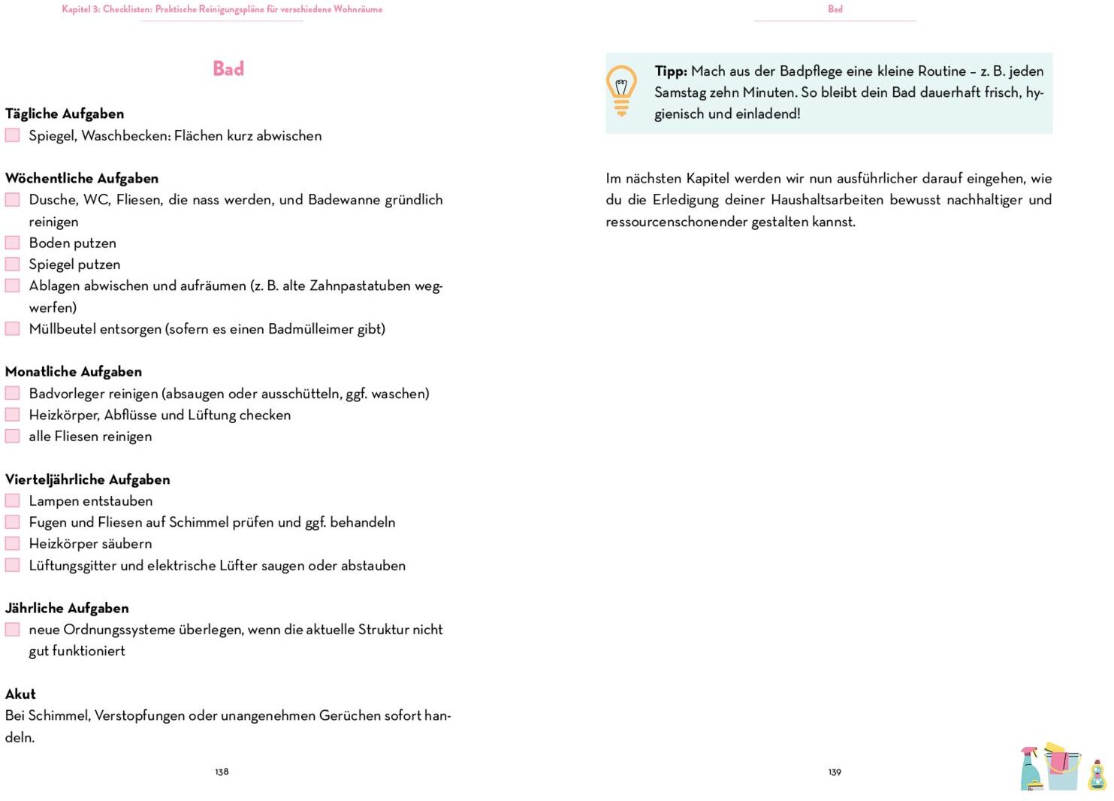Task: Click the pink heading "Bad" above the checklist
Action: [228, 69]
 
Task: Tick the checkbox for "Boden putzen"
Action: [13, 243]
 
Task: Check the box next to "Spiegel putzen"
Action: [13, 264]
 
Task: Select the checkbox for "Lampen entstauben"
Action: [13, 500]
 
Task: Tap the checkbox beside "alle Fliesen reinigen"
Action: [13, 436]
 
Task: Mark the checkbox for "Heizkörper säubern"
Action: [13, 543]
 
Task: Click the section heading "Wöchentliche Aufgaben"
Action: [82, 178]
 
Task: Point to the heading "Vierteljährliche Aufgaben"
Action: [87, 479]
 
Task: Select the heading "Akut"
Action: [20, 694]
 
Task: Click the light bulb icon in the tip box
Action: [621, 91]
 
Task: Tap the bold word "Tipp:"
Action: [671, 71]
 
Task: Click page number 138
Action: [222, 772]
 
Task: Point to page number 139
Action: [835, 772]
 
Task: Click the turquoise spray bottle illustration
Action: [1031, 769]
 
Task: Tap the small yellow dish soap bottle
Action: [1097, 775]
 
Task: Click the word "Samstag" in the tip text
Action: [680, 92]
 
